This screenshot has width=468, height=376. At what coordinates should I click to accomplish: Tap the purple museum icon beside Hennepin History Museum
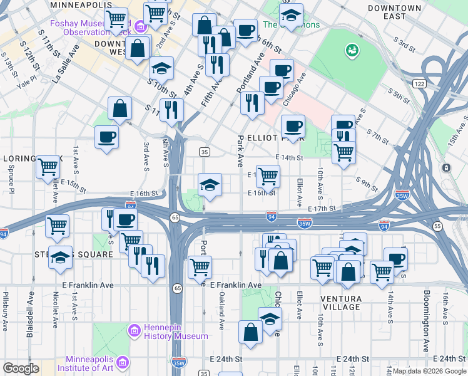[134, 330]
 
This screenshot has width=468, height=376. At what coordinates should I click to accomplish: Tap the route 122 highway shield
[419, 83]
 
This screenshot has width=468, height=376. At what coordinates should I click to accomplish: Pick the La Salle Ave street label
[64, 63]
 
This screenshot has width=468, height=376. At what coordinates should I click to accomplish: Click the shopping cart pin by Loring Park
[48, 168]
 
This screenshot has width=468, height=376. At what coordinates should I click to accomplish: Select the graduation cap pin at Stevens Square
[61, 258]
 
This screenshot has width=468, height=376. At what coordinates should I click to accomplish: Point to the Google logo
[21, 368]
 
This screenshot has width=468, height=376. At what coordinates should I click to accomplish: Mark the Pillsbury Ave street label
[6, 310]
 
